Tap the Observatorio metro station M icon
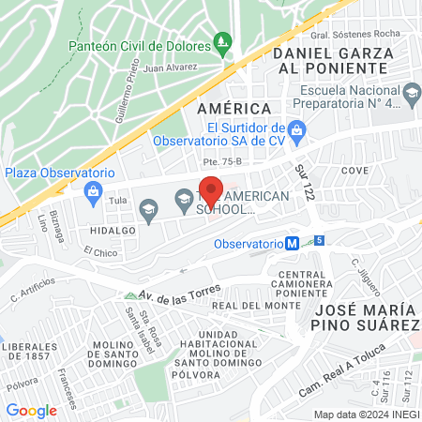tap(293, 242)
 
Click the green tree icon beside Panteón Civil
tap(222, 41)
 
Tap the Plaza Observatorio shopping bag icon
tap(92, 194)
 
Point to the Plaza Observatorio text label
tap(59, 173)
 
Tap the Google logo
tap(31, 410)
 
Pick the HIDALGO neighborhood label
tap(108, 228)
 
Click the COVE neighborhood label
tap(355, 171)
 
